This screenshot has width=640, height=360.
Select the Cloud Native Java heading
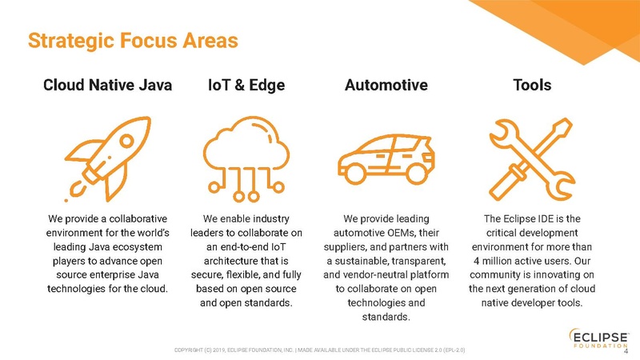pyautogui.click(x=107, y=85)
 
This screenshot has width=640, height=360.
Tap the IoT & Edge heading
pyautogui.click(x=246, y=85)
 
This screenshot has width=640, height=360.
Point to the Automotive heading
pyautogui.click(x=386, y=85)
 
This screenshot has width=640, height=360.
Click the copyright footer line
pyautogui.click(x=320, y=350)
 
